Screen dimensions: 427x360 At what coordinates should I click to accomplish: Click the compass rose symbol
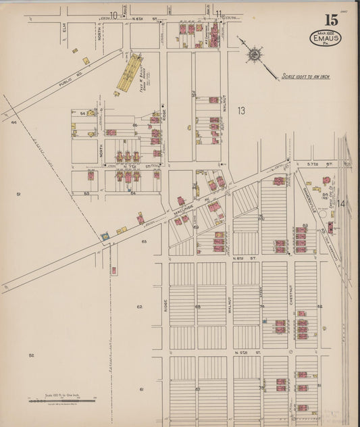point(255,55)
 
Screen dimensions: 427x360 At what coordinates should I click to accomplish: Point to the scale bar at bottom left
point(61,401)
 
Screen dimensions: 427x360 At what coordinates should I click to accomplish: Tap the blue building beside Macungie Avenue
point(105,236)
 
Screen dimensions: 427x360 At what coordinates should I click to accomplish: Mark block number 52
point(31,355)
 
